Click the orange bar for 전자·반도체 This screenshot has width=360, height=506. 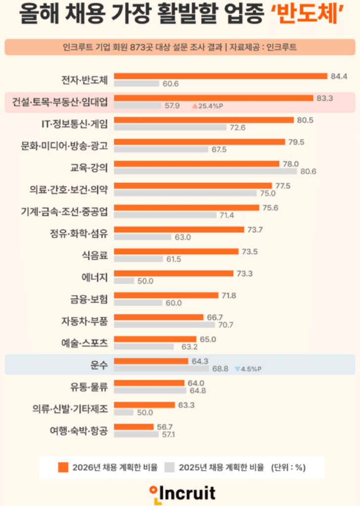[221, 76]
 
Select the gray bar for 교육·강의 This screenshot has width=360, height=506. [205, 171]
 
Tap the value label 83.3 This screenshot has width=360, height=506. [324, 98]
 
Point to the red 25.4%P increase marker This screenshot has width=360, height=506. [204, 106]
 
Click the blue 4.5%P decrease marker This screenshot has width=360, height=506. [248, 369]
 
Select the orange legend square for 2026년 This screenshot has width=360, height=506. [63, 467]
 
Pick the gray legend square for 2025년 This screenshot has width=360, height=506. [170, 467]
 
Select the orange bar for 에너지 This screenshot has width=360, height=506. [174, 273]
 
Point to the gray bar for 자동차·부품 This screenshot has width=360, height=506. [164, 325]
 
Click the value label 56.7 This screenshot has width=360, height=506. [164, 426]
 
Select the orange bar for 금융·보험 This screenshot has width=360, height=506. [166, 295]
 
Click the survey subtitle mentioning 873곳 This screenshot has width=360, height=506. [180, 47]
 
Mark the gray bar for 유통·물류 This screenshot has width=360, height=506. [150, 390]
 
